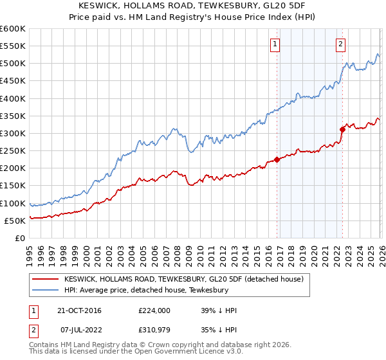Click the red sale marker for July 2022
click(342, 129)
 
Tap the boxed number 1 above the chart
click(275, 44)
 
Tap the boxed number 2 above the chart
click(340, 44)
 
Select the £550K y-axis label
click(13, 46)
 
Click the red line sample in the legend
click(46, 280)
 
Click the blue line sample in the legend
click(46, 291)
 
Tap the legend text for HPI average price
click(146, 291)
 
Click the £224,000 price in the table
click(154, 310)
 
